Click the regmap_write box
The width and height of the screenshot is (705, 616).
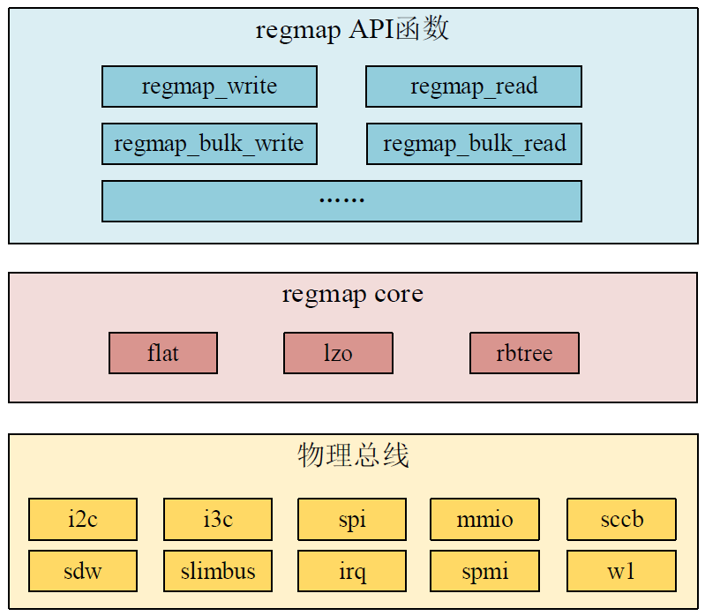209,86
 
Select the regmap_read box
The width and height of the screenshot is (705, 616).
474,86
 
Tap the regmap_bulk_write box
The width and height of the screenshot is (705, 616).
209,143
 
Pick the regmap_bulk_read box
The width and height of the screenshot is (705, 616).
474,143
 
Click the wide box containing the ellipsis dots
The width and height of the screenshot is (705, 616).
341,200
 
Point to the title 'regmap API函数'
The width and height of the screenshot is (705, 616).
352,29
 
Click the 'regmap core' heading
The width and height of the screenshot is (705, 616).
352,294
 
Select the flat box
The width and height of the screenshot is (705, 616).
163,353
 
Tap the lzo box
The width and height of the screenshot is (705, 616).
338,353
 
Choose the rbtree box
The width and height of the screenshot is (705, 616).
524,353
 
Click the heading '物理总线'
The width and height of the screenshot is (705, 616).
353,455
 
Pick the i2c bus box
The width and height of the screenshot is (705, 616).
83,519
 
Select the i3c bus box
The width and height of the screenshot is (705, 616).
218,519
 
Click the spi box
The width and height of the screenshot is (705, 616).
352,519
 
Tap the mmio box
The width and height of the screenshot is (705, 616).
484,519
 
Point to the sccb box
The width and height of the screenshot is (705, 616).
621,519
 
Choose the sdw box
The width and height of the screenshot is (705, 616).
83,571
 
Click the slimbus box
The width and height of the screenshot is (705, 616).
218,571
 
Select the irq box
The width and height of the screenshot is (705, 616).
352,571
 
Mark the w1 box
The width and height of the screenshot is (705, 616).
621,571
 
